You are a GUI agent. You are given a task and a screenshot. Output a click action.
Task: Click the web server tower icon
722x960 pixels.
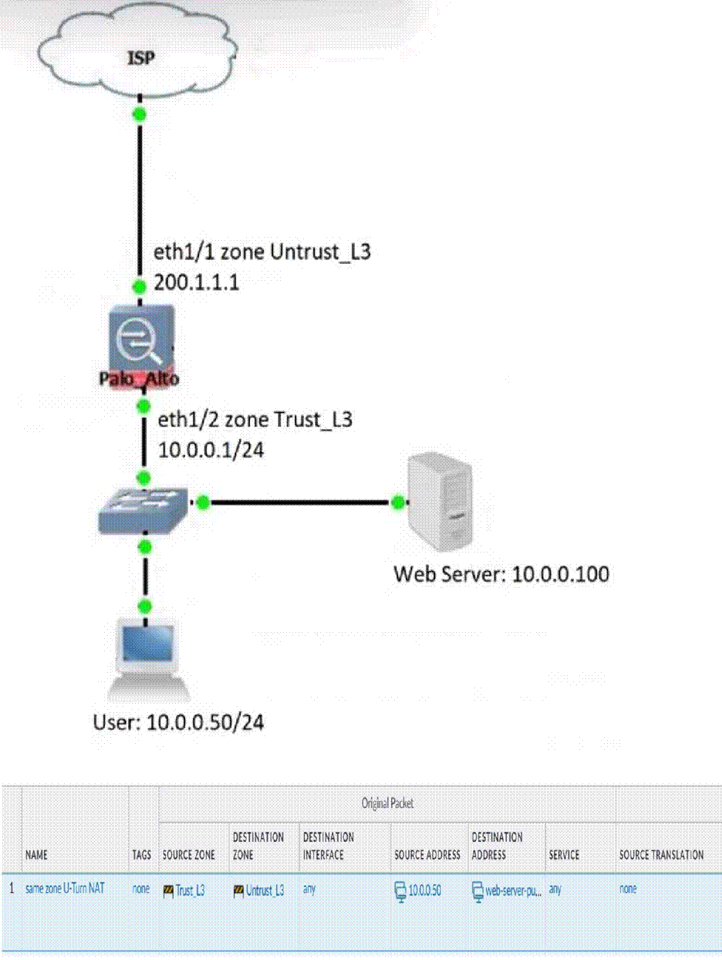440,502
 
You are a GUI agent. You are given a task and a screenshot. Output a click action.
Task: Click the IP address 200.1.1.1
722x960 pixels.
197,282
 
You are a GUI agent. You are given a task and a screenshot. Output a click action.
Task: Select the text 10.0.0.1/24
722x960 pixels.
211,450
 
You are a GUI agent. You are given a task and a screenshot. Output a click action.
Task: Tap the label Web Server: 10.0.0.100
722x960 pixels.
501,574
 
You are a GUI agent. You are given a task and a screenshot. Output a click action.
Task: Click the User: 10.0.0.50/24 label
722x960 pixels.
178,723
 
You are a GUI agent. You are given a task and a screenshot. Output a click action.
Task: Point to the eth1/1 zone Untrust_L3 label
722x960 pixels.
262,252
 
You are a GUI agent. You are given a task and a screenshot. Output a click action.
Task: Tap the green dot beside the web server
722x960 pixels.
398,503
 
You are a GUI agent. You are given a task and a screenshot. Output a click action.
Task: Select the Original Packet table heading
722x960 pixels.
387,803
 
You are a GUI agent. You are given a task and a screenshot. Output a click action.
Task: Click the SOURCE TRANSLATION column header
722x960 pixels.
661,855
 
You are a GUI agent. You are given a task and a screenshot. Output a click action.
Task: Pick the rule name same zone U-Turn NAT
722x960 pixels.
65,889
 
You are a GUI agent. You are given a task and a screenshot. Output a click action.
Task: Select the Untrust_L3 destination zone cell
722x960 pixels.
259,891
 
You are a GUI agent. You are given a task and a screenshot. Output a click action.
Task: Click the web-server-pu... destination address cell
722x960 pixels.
506,891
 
